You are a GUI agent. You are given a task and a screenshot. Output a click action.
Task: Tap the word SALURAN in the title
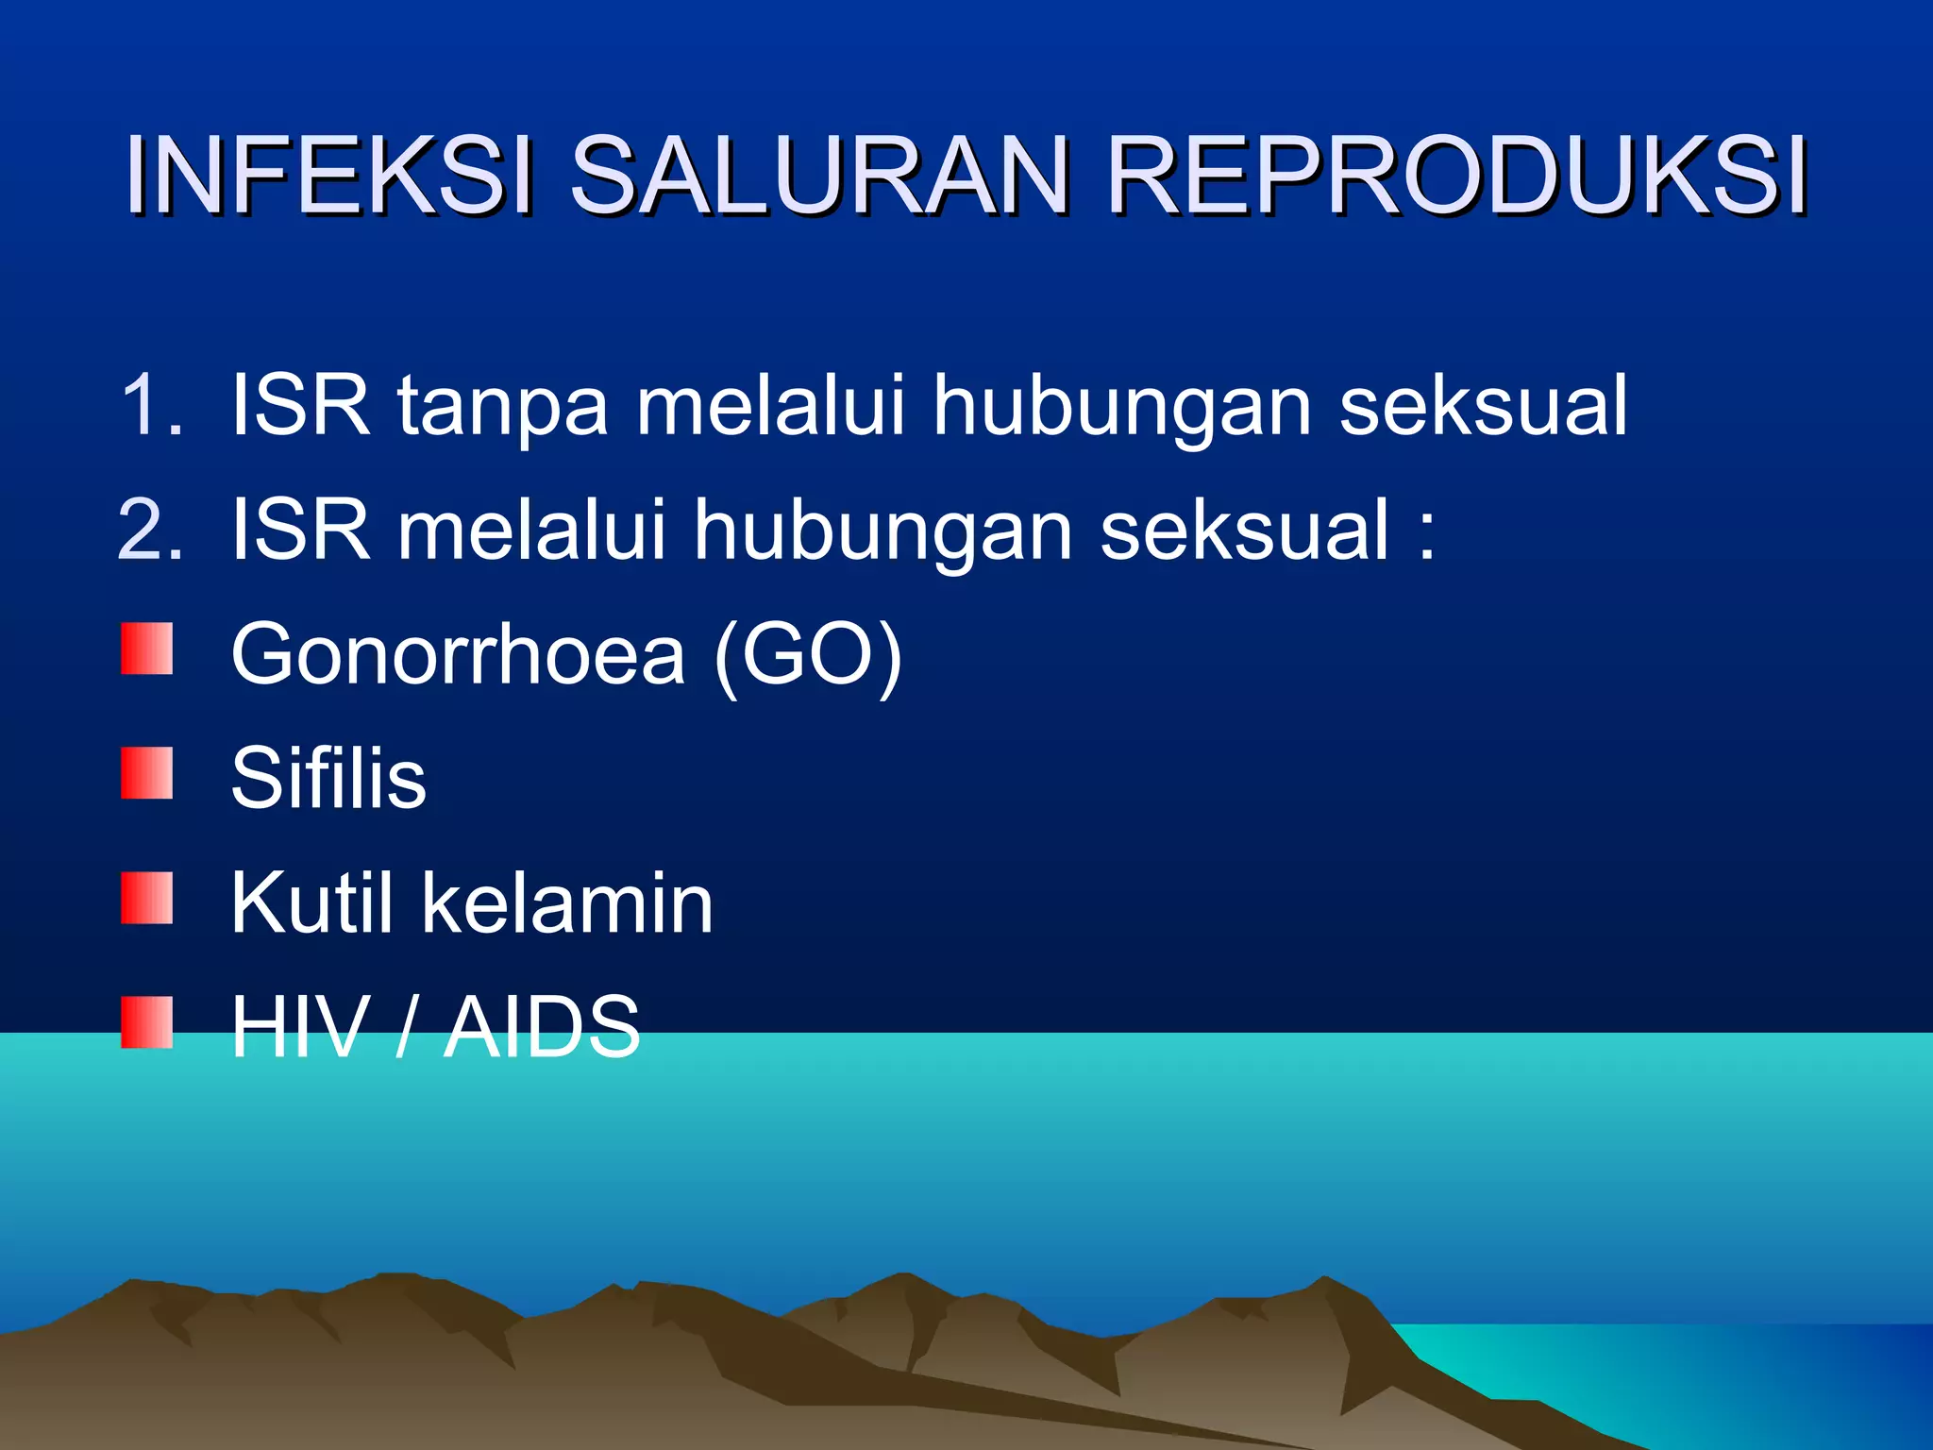(819, 177)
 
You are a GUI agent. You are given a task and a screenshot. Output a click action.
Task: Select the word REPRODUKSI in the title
(1456, 177)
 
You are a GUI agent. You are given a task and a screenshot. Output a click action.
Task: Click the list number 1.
(151, 405)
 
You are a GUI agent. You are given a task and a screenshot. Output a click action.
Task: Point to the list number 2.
(151, 530)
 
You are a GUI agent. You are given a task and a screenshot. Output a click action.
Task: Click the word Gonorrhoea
(458, 654)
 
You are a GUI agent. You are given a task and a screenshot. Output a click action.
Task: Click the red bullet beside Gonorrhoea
(147, 648)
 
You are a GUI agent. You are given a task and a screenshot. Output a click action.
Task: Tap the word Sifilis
(328, 778)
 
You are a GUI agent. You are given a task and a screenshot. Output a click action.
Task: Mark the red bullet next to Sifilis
(147, 772)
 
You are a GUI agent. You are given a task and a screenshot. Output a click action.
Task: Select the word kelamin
(567, 902)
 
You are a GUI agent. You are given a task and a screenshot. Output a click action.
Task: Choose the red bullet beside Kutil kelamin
(147, 897)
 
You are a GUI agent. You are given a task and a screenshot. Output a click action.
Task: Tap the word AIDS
(542, 1027)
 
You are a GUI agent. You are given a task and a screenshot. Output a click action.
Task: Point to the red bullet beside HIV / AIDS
(147, 1022)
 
